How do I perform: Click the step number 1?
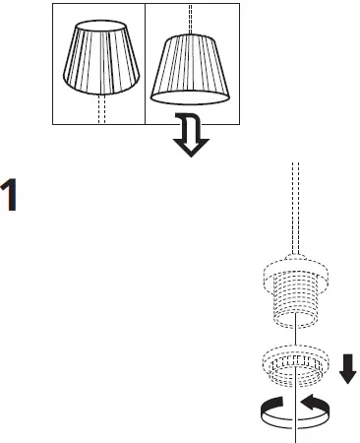click(x=11, y=196)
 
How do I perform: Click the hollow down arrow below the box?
click(x=191, y=141)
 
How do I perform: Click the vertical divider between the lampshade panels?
click(x=146, y=62)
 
